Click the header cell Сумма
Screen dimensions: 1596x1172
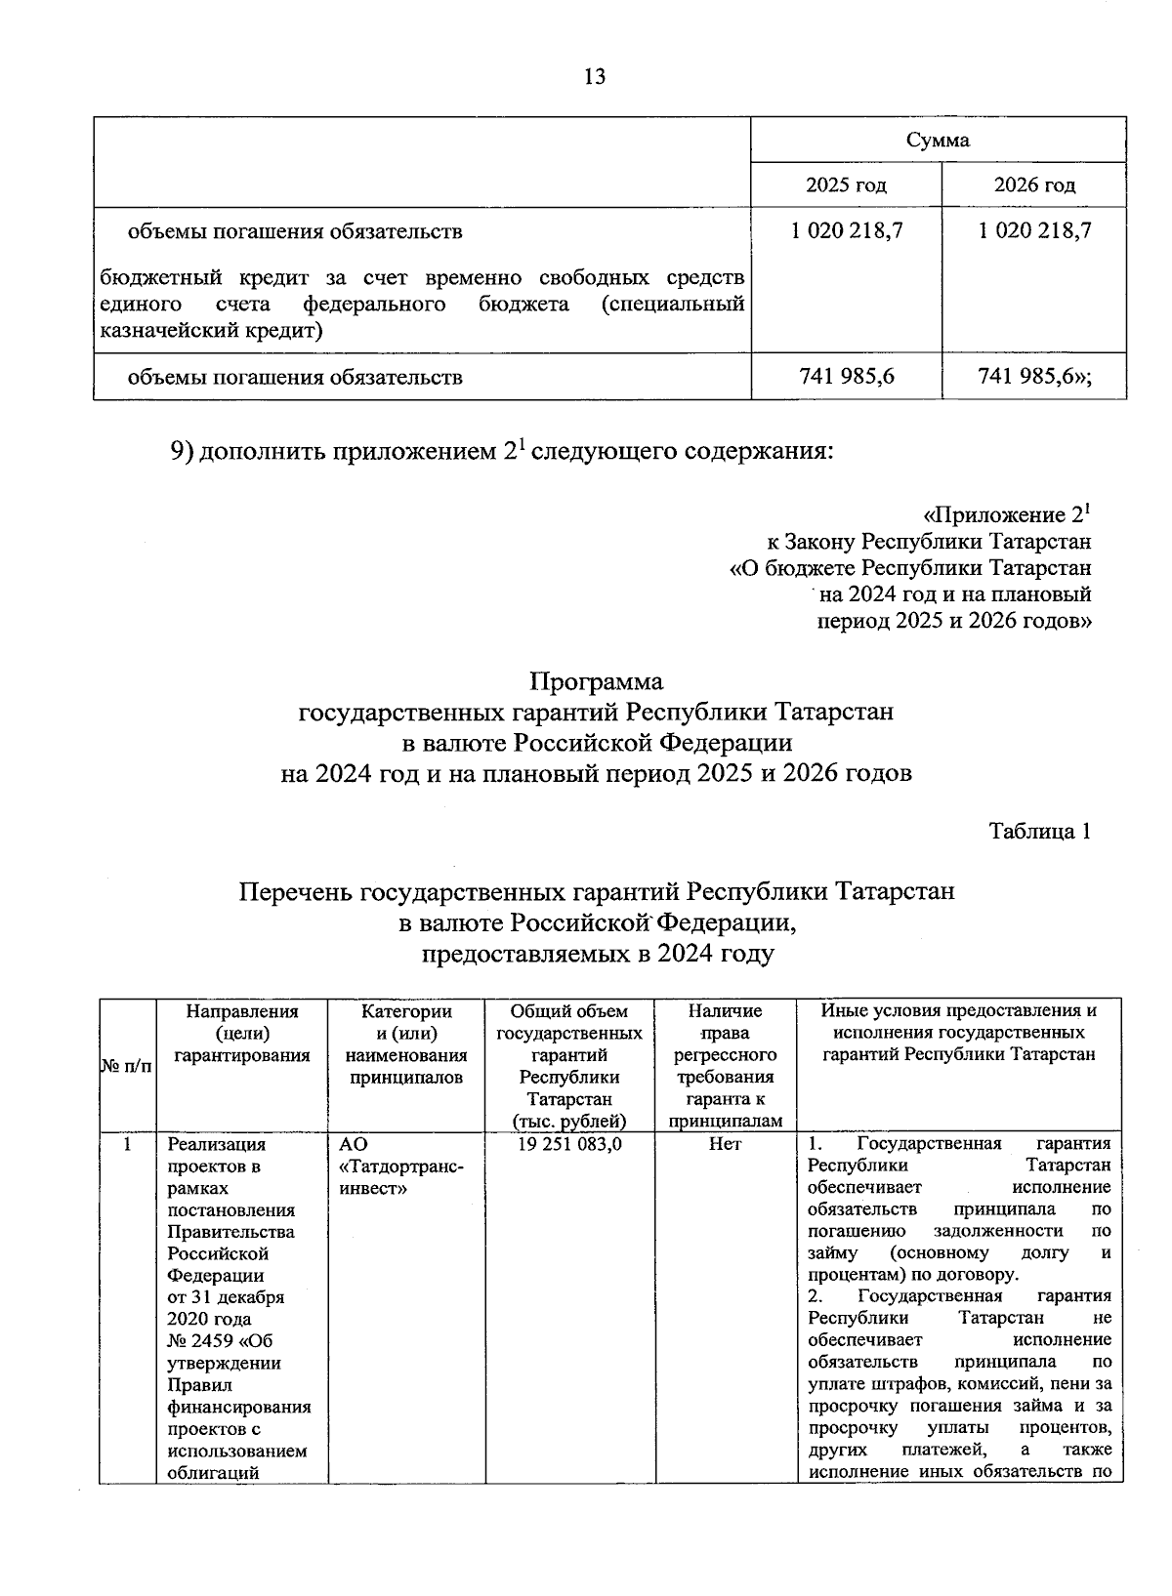click(938, 140)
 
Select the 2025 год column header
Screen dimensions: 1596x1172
click(846, 184)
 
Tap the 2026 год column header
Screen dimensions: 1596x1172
click(1034, 184)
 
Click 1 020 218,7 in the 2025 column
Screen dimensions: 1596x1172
click(846, 230)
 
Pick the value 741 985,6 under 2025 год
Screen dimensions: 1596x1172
click(846, 376)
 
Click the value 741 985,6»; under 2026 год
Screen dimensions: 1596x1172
click(1034, 376)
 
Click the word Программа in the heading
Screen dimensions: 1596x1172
click(596, 680)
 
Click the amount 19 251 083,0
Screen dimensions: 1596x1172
click(569, 1144)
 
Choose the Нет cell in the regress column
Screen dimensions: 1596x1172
click(725, 1144)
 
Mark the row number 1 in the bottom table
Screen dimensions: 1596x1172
click(127, 1144)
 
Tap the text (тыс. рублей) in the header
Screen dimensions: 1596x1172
click(569, 1122)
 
